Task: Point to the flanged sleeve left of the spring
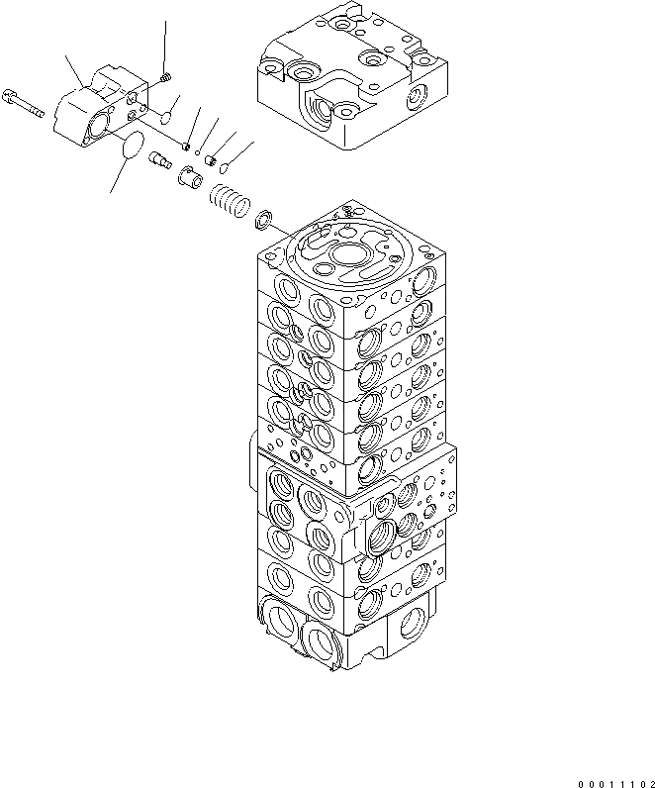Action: click(190, 179)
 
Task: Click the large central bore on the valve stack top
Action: click(351, 254)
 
